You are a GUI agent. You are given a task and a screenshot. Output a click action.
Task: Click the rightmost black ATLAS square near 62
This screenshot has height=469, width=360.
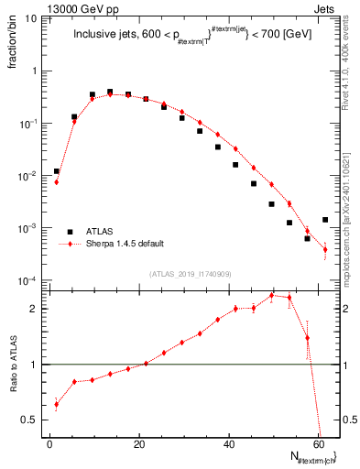coord(325,220)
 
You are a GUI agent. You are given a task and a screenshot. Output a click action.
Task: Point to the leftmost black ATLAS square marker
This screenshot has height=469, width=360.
coord(57,171)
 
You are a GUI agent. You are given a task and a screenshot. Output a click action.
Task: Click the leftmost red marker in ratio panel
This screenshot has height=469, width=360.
coord(57,404)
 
